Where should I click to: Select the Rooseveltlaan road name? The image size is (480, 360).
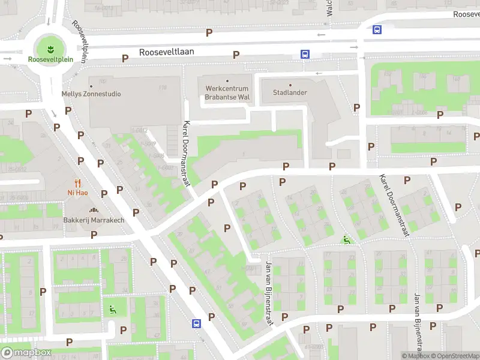click(167, 52)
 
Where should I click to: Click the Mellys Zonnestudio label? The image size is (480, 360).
click(91, 94)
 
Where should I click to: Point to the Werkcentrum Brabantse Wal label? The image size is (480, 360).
click(227, 92)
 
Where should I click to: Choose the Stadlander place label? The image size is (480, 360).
click(290, 93)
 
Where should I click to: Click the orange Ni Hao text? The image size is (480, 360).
click(78, 193)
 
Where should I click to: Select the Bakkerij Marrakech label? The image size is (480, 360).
click(94, 220)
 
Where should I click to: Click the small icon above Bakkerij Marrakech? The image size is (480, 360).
click(94, 210)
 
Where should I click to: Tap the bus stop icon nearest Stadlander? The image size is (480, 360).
click(305, 54)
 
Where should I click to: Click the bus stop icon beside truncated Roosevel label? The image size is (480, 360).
click(377, 29)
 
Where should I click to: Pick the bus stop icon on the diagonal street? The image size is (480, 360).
click(196, 323)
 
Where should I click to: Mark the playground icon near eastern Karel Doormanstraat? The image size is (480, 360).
click(346, 240)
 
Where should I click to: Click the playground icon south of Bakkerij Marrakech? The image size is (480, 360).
click(112, 310)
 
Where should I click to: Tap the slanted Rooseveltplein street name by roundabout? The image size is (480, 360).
click(80, 39)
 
